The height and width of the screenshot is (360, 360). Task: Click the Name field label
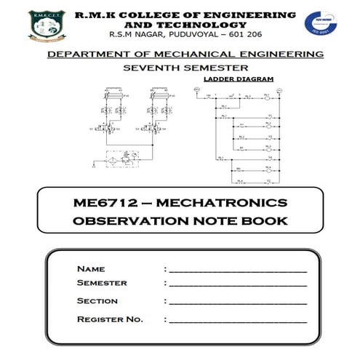tap(91, 269)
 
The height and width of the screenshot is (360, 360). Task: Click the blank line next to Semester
tap(237, 284)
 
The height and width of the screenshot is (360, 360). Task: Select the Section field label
tap(97, 301)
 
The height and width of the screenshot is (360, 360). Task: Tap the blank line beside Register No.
tap(237, 320)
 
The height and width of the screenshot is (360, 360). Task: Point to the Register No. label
tap(110, 319)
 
